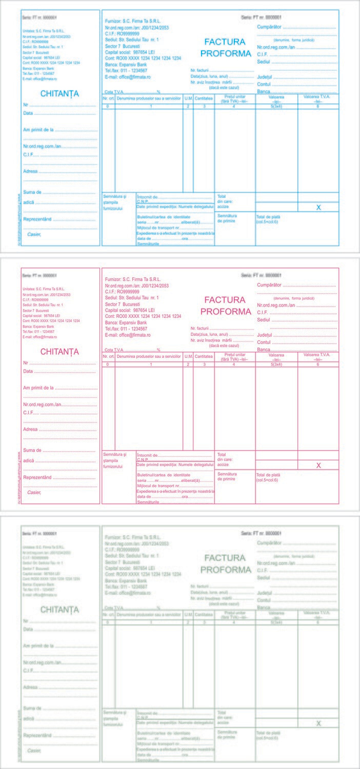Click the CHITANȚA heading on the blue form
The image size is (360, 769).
click(59, 94)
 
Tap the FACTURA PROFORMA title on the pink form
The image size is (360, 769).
click(226, 306)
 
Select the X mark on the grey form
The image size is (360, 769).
click(318, 723)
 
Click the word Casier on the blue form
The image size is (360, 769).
click(34, 234)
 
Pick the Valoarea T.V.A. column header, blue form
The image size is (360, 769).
click(318, 97)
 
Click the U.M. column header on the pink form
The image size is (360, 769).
click(188, 356)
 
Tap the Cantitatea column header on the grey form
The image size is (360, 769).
click(204, 614)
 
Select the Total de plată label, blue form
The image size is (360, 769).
click(268, 217)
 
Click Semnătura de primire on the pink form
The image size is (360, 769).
click(227, 476)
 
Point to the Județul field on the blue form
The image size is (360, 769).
click(264, 76)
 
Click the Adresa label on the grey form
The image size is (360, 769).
click(30, 687)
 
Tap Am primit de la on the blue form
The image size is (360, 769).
click(38, 130)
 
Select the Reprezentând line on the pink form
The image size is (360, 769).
click(37, 477)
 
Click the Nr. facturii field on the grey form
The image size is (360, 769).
click(199, 586)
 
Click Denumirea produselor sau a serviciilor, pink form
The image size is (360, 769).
click(149, 356)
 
